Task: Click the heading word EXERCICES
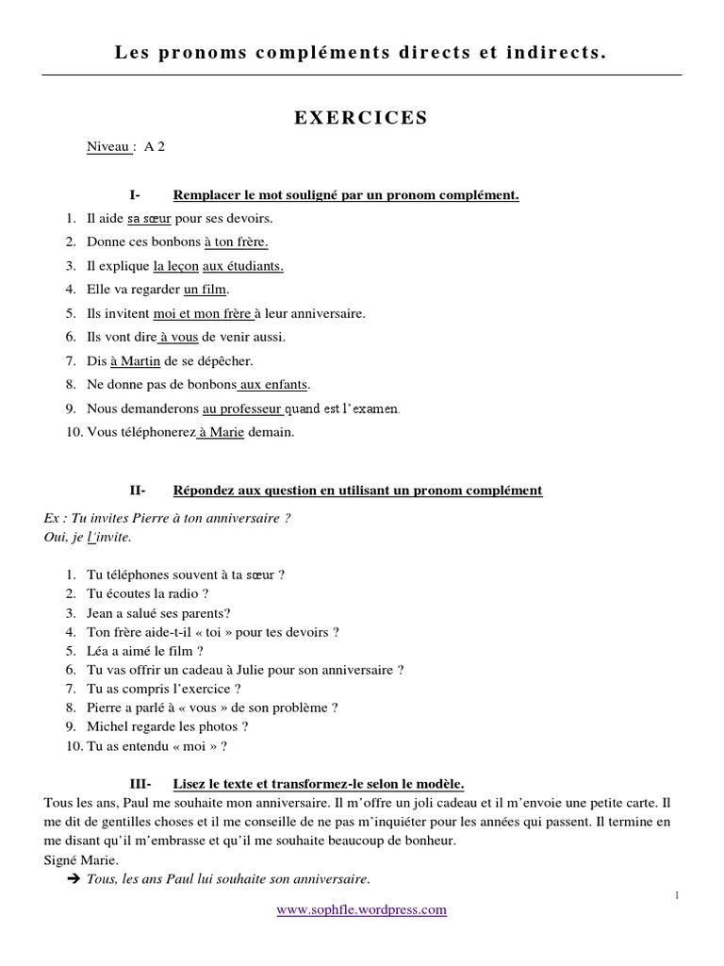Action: [x=361, y=118]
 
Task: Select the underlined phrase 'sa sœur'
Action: [x=149, y=219]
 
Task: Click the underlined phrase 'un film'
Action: [x=206, y=290]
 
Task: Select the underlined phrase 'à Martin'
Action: [x=129, y=361]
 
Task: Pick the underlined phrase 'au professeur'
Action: [x=241, y=409]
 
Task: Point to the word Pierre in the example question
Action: [x=141, y=518]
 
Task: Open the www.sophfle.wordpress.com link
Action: [x=361, y=910]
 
